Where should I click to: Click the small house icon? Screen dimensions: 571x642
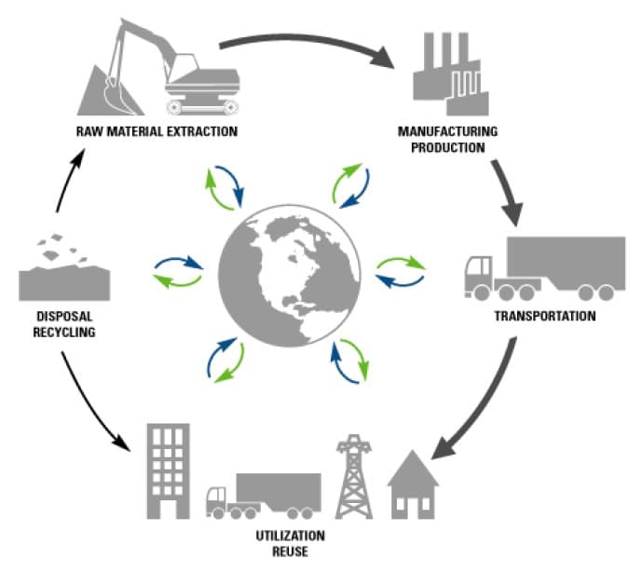[413, 484]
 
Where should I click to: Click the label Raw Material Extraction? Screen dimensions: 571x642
[157, 130]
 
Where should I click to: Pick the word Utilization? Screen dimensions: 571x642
[291, 537]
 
